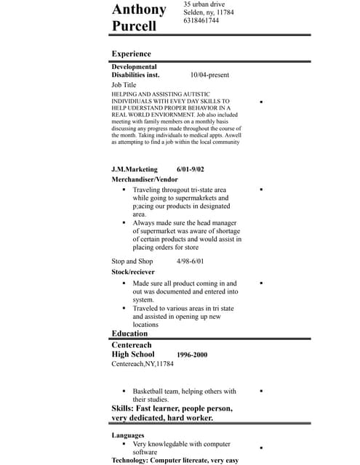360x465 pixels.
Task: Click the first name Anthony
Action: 139,10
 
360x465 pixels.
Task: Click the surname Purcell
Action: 134,26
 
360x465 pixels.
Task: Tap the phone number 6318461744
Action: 201,21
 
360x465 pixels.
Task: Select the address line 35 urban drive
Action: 204,4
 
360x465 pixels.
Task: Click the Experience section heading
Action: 131,54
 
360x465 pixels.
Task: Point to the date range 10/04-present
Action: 209,75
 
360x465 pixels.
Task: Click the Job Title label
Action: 124,85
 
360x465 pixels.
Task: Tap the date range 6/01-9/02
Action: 191,169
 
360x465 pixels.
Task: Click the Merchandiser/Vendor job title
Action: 145,179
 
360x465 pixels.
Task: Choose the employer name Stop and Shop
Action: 132,261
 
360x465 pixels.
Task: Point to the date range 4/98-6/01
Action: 190,261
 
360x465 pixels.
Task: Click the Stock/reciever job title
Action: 133,272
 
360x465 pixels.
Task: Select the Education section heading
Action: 130,333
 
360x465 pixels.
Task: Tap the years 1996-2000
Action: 192,355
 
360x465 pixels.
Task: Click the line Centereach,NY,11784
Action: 143,364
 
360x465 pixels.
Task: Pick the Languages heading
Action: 127,435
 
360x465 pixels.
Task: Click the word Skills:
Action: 122,408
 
